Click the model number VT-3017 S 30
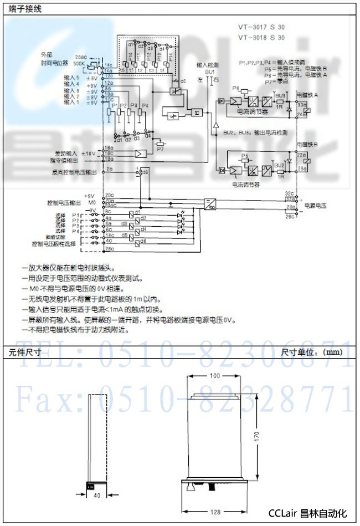click(261, 27)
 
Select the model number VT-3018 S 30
click(261, 38)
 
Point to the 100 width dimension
click(214, 376)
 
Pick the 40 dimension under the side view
click(97, 495)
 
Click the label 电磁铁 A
click(308, 95)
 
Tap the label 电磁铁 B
click(308, 145)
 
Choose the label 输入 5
click(71, 78)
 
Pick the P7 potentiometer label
click(160, 149)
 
